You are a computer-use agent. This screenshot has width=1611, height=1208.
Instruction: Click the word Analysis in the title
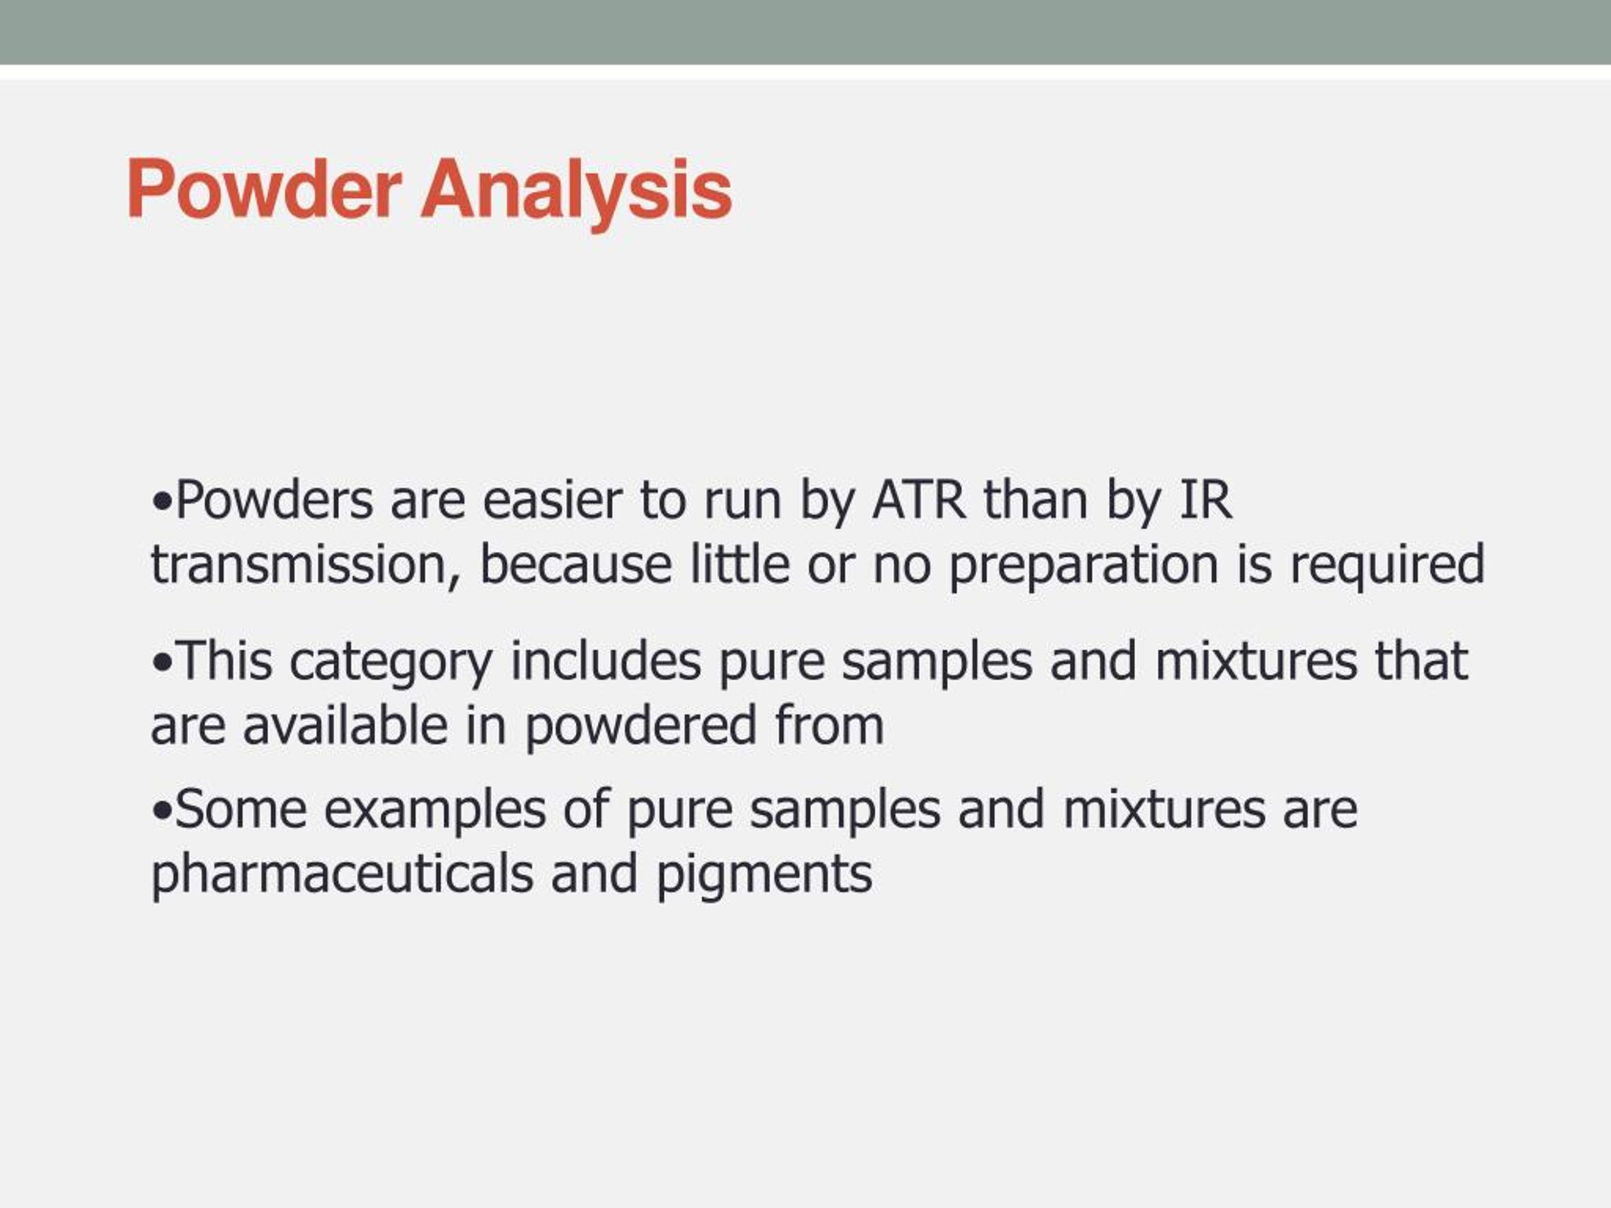(576, 195)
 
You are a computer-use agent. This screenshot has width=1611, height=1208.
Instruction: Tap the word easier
(553, 500)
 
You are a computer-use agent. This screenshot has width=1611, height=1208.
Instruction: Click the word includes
(606, 661)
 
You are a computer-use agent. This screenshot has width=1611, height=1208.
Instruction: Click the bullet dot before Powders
(162, 503)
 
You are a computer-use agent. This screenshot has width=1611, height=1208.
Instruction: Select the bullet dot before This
(162, 663)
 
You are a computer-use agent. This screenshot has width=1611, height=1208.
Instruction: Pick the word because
(576, 564)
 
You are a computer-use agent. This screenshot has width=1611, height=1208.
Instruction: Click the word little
(740, 564)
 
